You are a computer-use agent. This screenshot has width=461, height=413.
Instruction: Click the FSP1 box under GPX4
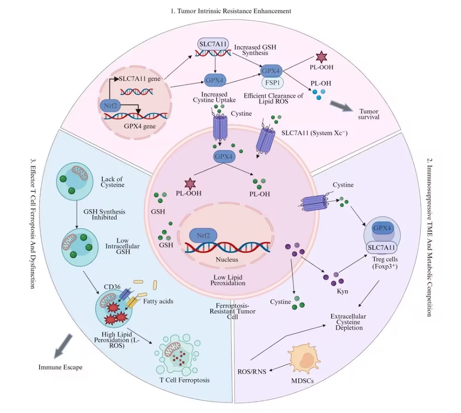pyautogui.click(x=272, y=82)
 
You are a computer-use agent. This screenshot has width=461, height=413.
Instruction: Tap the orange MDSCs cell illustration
pyautogui.click(x=305, y=360)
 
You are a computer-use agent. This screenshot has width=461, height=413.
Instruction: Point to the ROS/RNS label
pyautogui.click(x=252, y=372)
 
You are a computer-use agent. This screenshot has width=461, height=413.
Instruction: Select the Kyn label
pyautogui.click(x=343, y=291)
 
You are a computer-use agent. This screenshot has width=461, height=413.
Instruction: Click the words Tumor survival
pyautogui.click(x=369, y=114)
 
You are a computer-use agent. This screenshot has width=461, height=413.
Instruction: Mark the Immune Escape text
pyautogui.click(x=60, y=367)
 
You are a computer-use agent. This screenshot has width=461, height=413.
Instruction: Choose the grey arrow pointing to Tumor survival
pyautogui.click(x=341, y=106)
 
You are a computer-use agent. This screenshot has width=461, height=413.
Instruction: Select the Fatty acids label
pyautogui.click(x=158, y=301)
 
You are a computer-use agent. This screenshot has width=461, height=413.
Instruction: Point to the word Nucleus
pyautogui.click(x=227, y=259)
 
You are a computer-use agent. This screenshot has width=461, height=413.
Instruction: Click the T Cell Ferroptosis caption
pyautogui.click(x=185, y=380)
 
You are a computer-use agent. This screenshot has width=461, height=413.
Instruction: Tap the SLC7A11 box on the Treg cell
pyautogui.click(x=381, y=247)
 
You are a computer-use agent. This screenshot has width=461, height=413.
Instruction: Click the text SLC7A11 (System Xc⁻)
pyautogui.click(x=314, y=133)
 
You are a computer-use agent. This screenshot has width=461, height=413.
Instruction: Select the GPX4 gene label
pyautogui.click(x=140, y=126)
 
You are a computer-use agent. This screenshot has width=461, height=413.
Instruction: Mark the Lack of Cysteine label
pyautogui.click(x=112, y=182)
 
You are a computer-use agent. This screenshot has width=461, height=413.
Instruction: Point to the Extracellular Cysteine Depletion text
pyautogui.click(x=349, y=322)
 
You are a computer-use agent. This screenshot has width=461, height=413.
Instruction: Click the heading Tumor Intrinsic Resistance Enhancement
pyautogui.click(x=231, y=11)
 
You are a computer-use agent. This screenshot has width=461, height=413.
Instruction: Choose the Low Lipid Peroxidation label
pyautogui.click(x=228, y=280)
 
